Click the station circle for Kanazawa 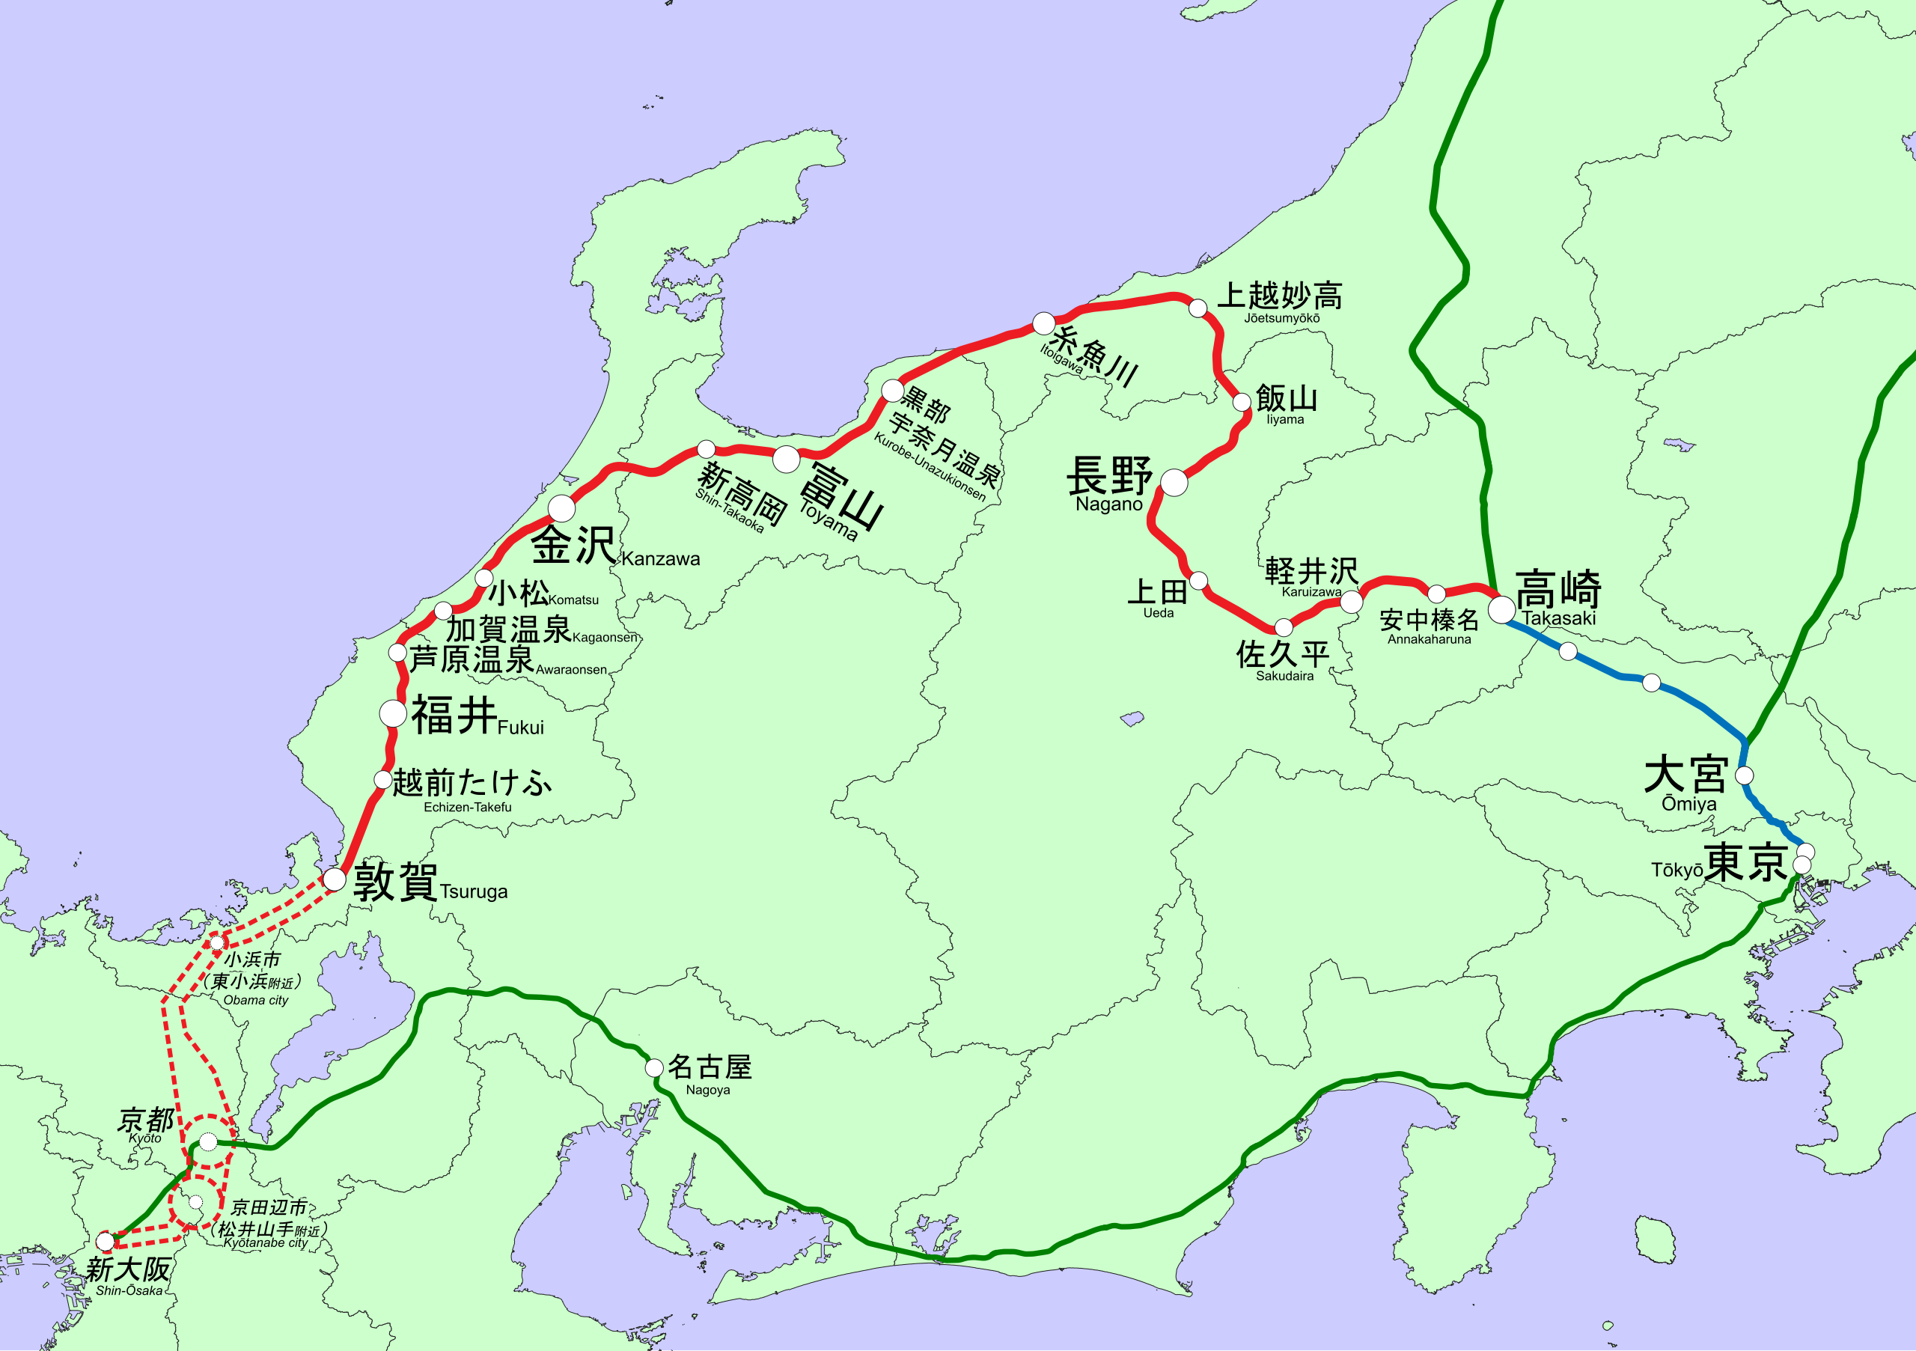(561, 507)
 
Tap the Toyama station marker (786, 459)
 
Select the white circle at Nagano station (1174, 482)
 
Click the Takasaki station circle (1501, 609)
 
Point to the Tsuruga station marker (334, 879)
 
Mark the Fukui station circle (393, 713)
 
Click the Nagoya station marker (654, 1067)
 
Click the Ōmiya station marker (1744, 775)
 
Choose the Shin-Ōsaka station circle (105, 1242)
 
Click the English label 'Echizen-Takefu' (467, 807)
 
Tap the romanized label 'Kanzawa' (660, 559)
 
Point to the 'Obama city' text (255, 1000)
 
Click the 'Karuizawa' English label (1312, 591)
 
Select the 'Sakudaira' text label (1284, 676)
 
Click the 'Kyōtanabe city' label (266, 1242)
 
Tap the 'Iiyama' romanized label (1284, 420)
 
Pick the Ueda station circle (1198, 580)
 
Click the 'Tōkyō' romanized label (1676, 870)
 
